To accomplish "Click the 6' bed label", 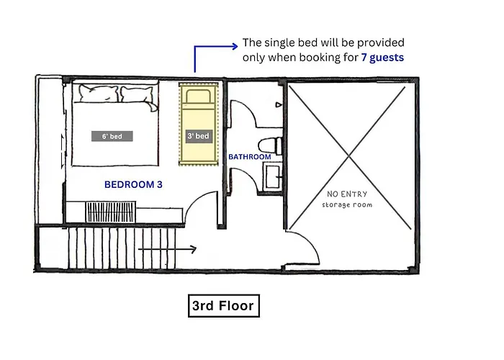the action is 112,136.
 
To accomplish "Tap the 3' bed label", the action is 198,136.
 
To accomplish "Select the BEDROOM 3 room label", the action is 133,184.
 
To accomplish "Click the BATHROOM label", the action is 250,157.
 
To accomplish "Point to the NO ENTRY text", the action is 347,194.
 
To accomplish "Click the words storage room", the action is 347,204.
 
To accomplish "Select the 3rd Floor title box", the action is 224,306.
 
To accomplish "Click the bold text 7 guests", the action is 382,58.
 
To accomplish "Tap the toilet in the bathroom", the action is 270,145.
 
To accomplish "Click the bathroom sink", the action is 272,176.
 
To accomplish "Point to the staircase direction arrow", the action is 167,249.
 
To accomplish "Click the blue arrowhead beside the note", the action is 235,46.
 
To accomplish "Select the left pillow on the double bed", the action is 99,93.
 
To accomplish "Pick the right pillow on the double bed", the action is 138,95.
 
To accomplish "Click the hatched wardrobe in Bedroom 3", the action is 110,212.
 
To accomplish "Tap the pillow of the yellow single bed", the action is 198,96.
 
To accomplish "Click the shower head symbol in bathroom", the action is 279,105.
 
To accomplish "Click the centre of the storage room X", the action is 349,157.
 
